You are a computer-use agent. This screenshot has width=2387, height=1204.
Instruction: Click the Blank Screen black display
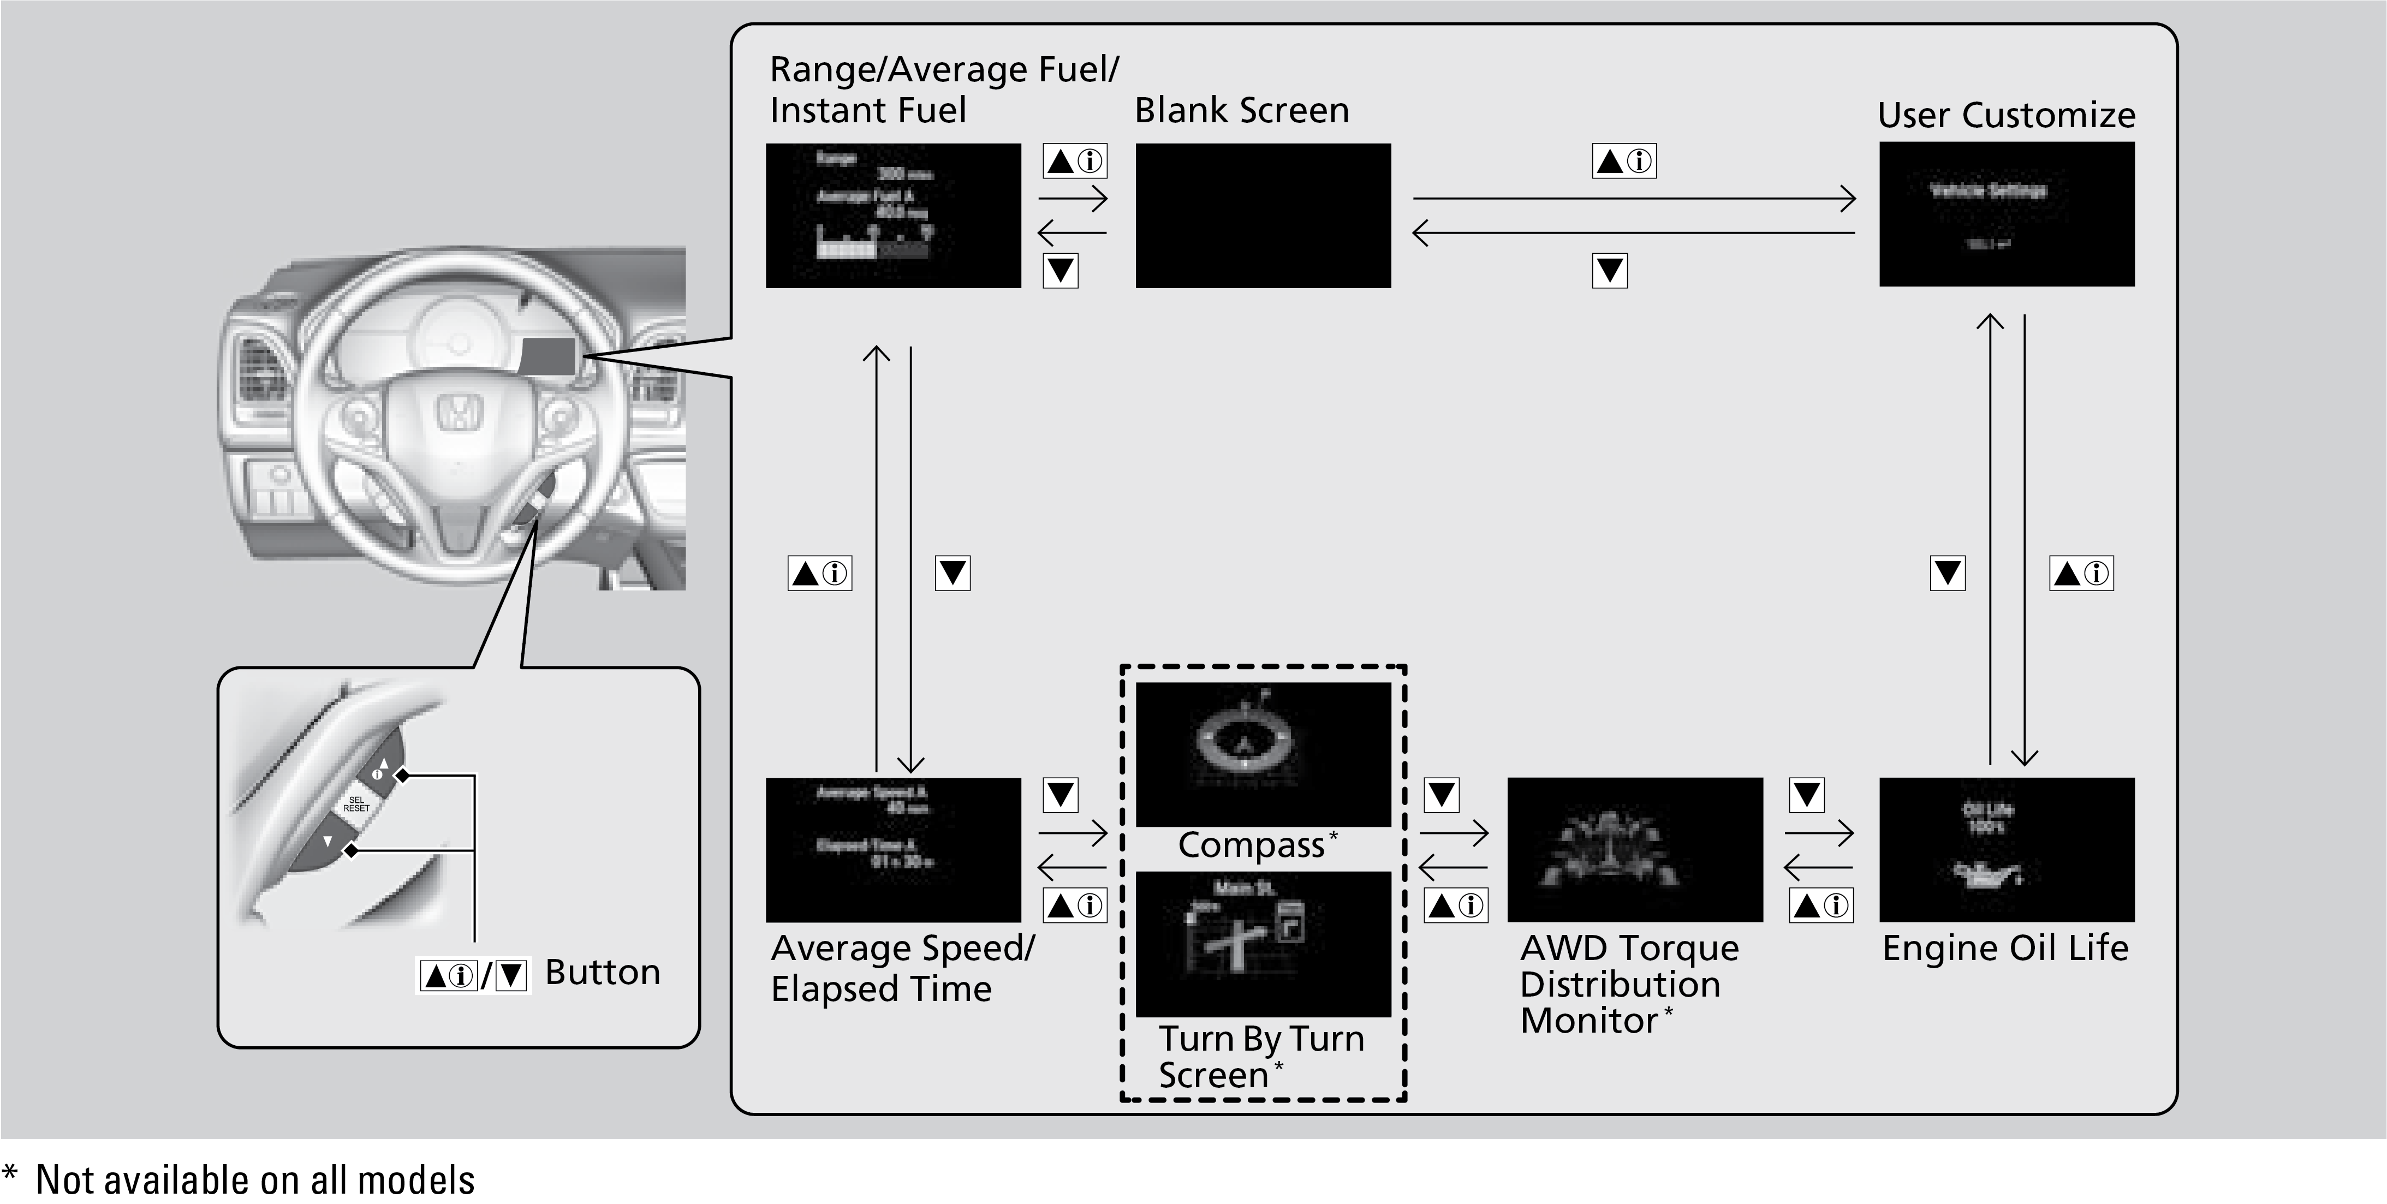tap(1263, 215)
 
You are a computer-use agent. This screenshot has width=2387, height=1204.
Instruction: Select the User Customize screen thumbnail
tap(2006, 214)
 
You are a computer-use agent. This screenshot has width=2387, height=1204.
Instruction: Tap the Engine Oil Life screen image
tap(2006, 849)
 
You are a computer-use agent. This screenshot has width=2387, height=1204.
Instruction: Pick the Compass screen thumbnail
tap(1263, 754)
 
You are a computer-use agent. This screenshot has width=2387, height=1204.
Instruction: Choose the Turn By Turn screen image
tap(1263, 944)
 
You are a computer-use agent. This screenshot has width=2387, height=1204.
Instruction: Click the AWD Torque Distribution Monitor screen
tap(1635, 849)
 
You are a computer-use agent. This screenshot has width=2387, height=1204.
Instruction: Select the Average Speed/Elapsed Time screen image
tap(893, 849)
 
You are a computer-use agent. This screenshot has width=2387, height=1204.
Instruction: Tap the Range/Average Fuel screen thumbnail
tap(893, 215)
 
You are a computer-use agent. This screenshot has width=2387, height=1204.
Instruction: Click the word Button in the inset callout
tap(602, 972)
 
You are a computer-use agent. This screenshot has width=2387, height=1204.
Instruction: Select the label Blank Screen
tap(1242, 110)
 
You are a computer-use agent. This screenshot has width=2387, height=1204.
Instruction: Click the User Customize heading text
tap(2006, 115)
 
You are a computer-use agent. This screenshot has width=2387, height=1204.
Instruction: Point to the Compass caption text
tap(1251, 845)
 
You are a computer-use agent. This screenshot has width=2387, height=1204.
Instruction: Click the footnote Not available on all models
tap(255, 1180)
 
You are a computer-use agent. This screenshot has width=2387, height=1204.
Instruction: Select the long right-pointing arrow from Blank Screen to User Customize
tap(1634, 198)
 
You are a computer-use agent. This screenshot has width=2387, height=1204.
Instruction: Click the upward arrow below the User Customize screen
tap(1990, 538)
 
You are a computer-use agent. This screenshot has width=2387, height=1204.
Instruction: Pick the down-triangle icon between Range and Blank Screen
tap(1060, 271)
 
